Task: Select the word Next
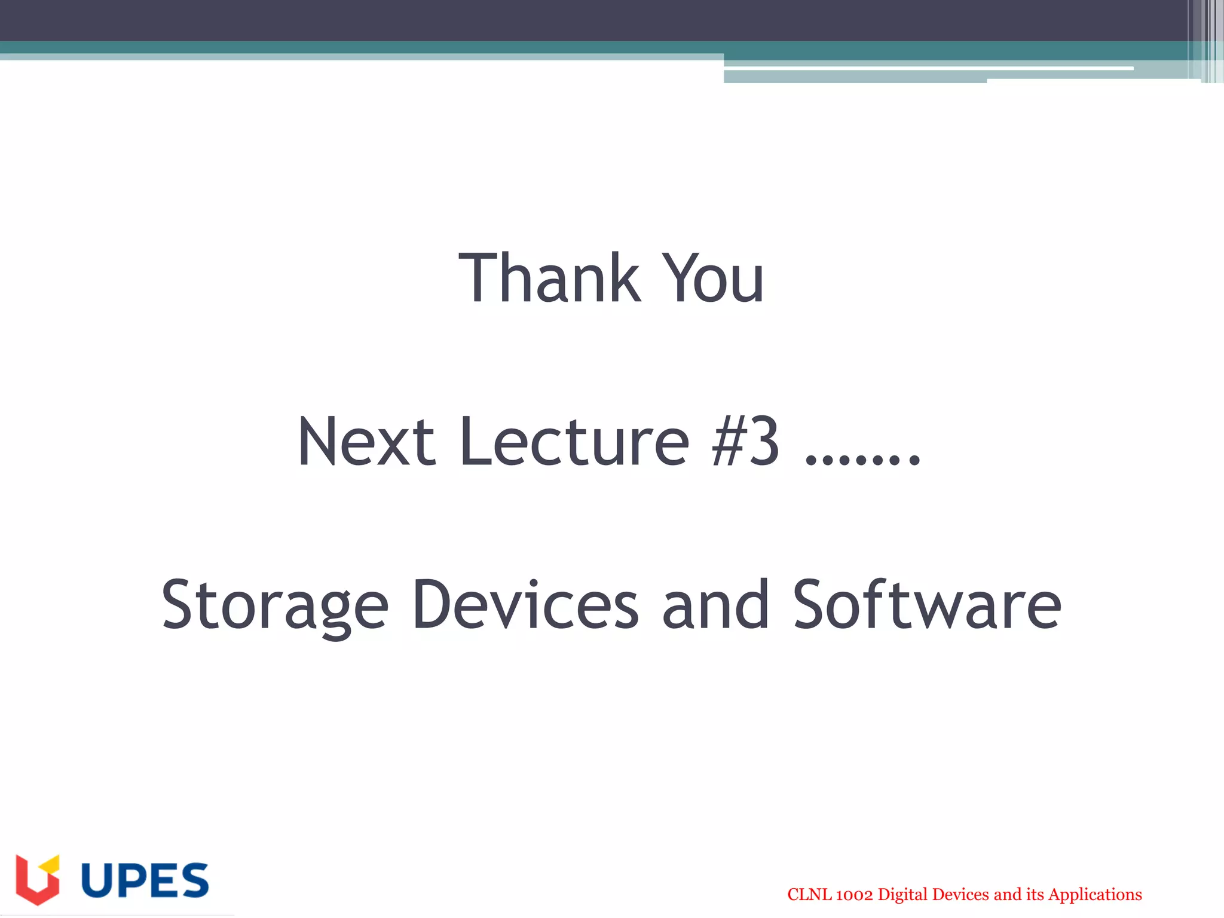[x=366, y=442]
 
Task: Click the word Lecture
[x=575, y=442]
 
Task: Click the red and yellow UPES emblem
[x=38, y=879]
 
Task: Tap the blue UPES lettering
[x=145, y=880]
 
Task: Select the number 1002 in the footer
[x=854, y=895]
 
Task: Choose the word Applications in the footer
[x=1095, y=895]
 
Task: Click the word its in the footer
[x=1035, y=895]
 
